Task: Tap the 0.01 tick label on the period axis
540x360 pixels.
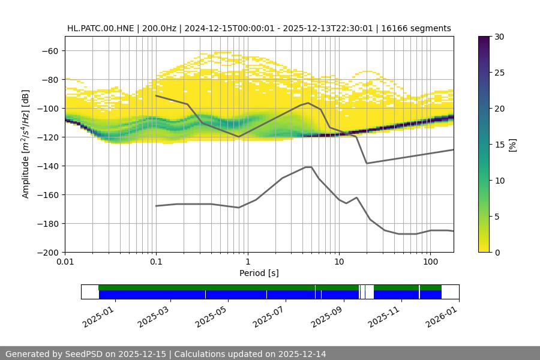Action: tap(65, 262)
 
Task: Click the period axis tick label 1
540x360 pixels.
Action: tap(247, 262)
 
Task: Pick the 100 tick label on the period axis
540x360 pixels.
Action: tap(430, 262)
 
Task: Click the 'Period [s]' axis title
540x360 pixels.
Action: tap(259, 273)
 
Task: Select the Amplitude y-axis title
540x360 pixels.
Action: tap(26, 144)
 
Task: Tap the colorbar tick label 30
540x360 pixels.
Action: tap(499, 37)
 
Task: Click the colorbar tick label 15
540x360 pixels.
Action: tap(499, 145)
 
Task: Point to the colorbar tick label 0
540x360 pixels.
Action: tap(497, 252)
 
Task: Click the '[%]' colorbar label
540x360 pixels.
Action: tap(512, 144)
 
